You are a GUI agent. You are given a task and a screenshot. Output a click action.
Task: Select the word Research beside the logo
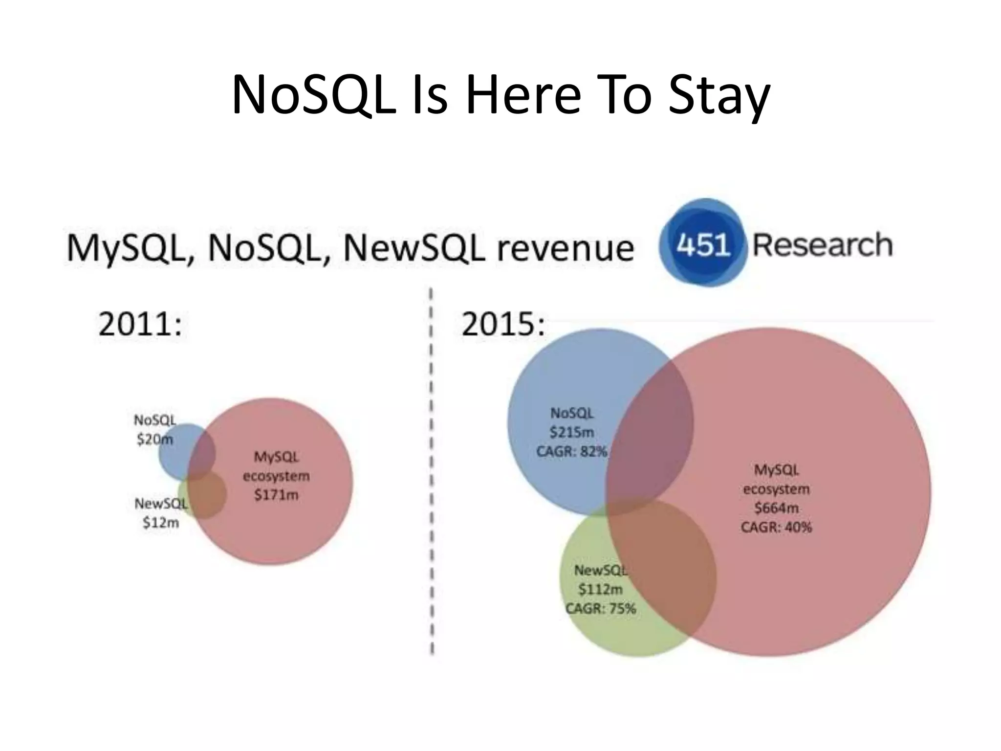823,244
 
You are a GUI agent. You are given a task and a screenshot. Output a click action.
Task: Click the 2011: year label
140,324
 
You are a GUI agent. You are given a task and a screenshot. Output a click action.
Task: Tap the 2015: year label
503,324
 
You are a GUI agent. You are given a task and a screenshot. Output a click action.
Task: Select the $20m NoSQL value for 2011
154,440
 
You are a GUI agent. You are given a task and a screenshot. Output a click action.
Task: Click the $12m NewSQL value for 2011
160,523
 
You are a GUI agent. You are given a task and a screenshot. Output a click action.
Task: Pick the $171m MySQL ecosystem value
276,495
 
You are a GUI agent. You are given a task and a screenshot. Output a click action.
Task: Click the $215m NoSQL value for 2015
572,432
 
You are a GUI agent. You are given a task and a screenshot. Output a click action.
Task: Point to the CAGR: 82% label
572,451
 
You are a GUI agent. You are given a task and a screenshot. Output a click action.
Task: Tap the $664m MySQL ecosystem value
776,508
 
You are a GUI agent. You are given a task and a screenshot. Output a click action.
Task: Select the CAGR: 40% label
776,527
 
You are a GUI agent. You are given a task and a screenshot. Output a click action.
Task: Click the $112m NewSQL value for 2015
600,589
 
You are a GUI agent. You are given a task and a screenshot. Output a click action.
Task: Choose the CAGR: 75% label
600,609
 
